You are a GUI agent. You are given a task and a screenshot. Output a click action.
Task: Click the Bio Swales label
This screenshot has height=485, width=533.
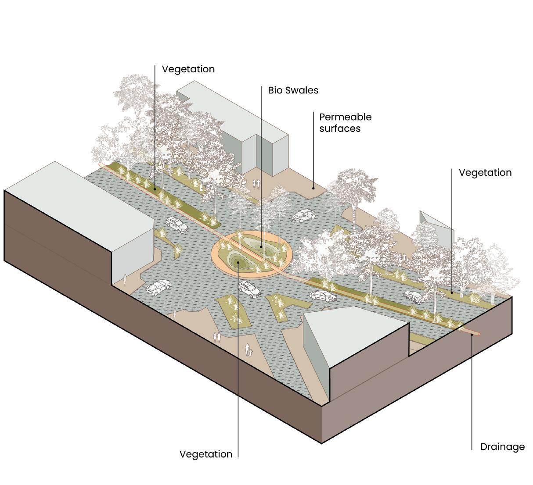tap(293, 90)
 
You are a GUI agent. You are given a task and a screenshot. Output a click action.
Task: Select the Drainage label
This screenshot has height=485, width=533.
tap(502, 447)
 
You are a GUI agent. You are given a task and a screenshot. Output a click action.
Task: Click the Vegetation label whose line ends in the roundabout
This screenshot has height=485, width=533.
tap(205, 454)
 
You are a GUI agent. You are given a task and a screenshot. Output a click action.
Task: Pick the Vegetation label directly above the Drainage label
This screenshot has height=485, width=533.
tap(485, 173)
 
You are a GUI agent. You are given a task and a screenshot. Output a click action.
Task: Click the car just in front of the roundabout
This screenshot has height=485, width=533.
tap(249, 289)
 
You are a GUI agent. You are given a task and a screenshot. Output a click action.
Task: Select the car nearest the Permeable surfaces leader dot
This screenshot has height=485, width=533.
tap(303, 215)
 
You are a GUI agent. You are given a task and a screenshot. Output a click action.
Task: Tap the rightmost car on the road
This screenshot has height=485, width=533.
tap(414, 297)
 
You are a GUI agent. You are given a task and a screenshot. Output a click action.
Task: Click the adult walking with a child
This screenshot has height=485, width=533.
tap(248, 350)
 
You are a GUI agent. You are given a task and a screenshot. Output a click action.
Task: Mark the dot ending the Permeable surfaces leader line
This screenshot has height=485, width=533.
tap(313, 188)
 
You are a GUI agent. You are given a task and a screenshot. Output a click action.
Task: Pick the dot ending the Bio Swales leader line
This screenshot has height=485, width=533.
tap(261, 246)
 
